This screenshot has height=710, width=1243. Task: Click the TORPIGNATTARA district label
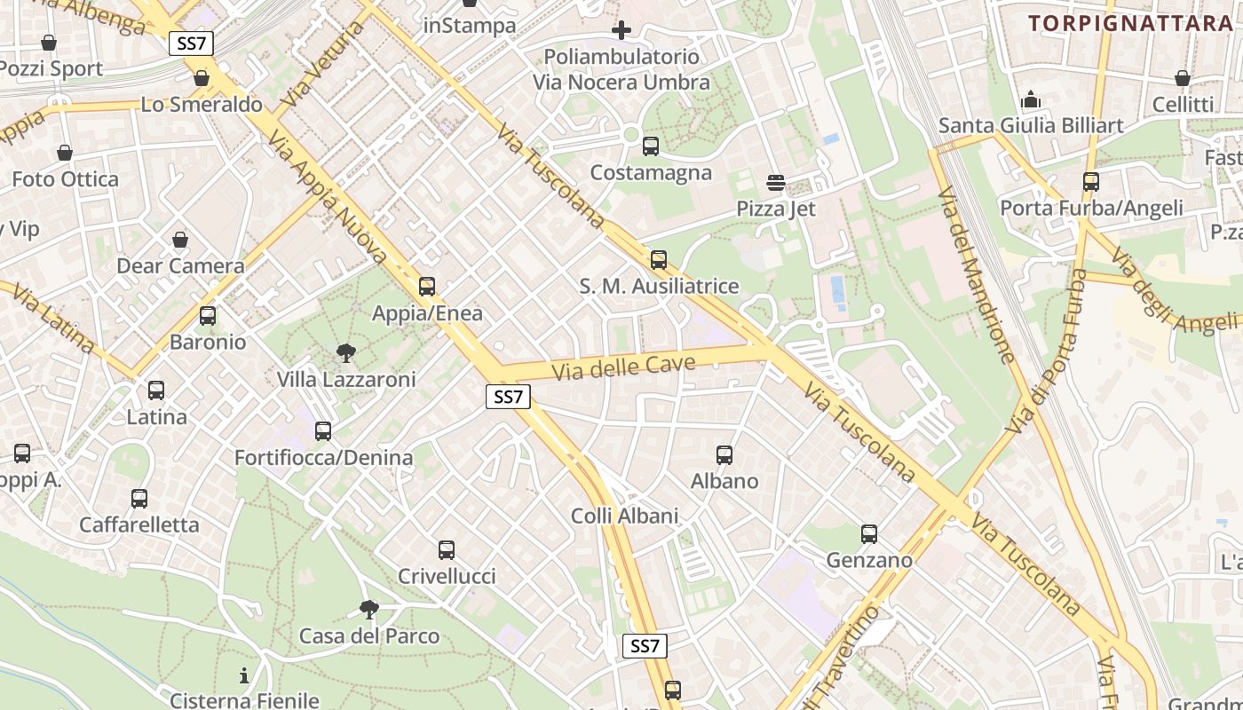click(x=1131, y=23)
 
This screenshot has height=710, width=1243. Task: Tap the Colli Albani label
click(x=624, y=516)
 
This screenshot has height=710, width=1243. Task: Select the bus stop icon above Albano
click(x=724, y=455)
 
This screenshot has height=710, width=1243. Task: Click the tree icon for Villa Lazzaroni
click(x=346, y=353)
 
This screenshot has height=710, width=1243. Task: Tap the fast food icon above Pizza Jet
click(x=776, y=183)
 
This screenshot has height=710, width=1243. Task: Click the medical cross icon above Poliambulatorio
click(x=621, y=31)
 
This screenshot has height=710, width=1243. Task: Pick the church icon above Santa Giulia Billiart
click(x=1031, y=99)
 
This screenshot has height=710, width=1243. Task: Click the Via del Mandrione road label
click(x=977, y=276)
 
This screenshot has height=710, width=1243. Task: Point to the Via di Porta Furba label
click(x=1049, y=351)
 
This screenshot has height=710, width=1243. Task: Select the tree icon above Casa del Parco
click(x=369, y=610)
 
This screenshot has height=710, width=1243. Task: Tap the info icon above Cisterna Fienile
click(x=244, y=675)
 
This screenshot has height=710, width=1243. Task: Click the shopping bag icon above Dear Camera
click(x=180, y=241)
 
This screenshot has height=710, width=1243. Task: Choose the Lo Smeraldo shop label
click(x=202, y=105)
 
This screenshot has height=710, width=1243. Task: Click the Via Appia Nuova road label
click(x=328, y=198)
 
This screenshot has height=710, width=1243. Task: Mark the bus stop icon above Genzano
click(x=869, y=534)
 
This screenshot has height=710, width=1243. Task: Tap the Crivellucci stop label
click(x=447, y=576)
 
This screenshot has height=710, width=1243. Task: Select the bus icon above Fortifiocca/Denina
click(x=323, y=431)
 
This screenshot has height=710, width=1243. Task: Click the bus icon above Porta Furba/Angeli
click(x=1091, y=182)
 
